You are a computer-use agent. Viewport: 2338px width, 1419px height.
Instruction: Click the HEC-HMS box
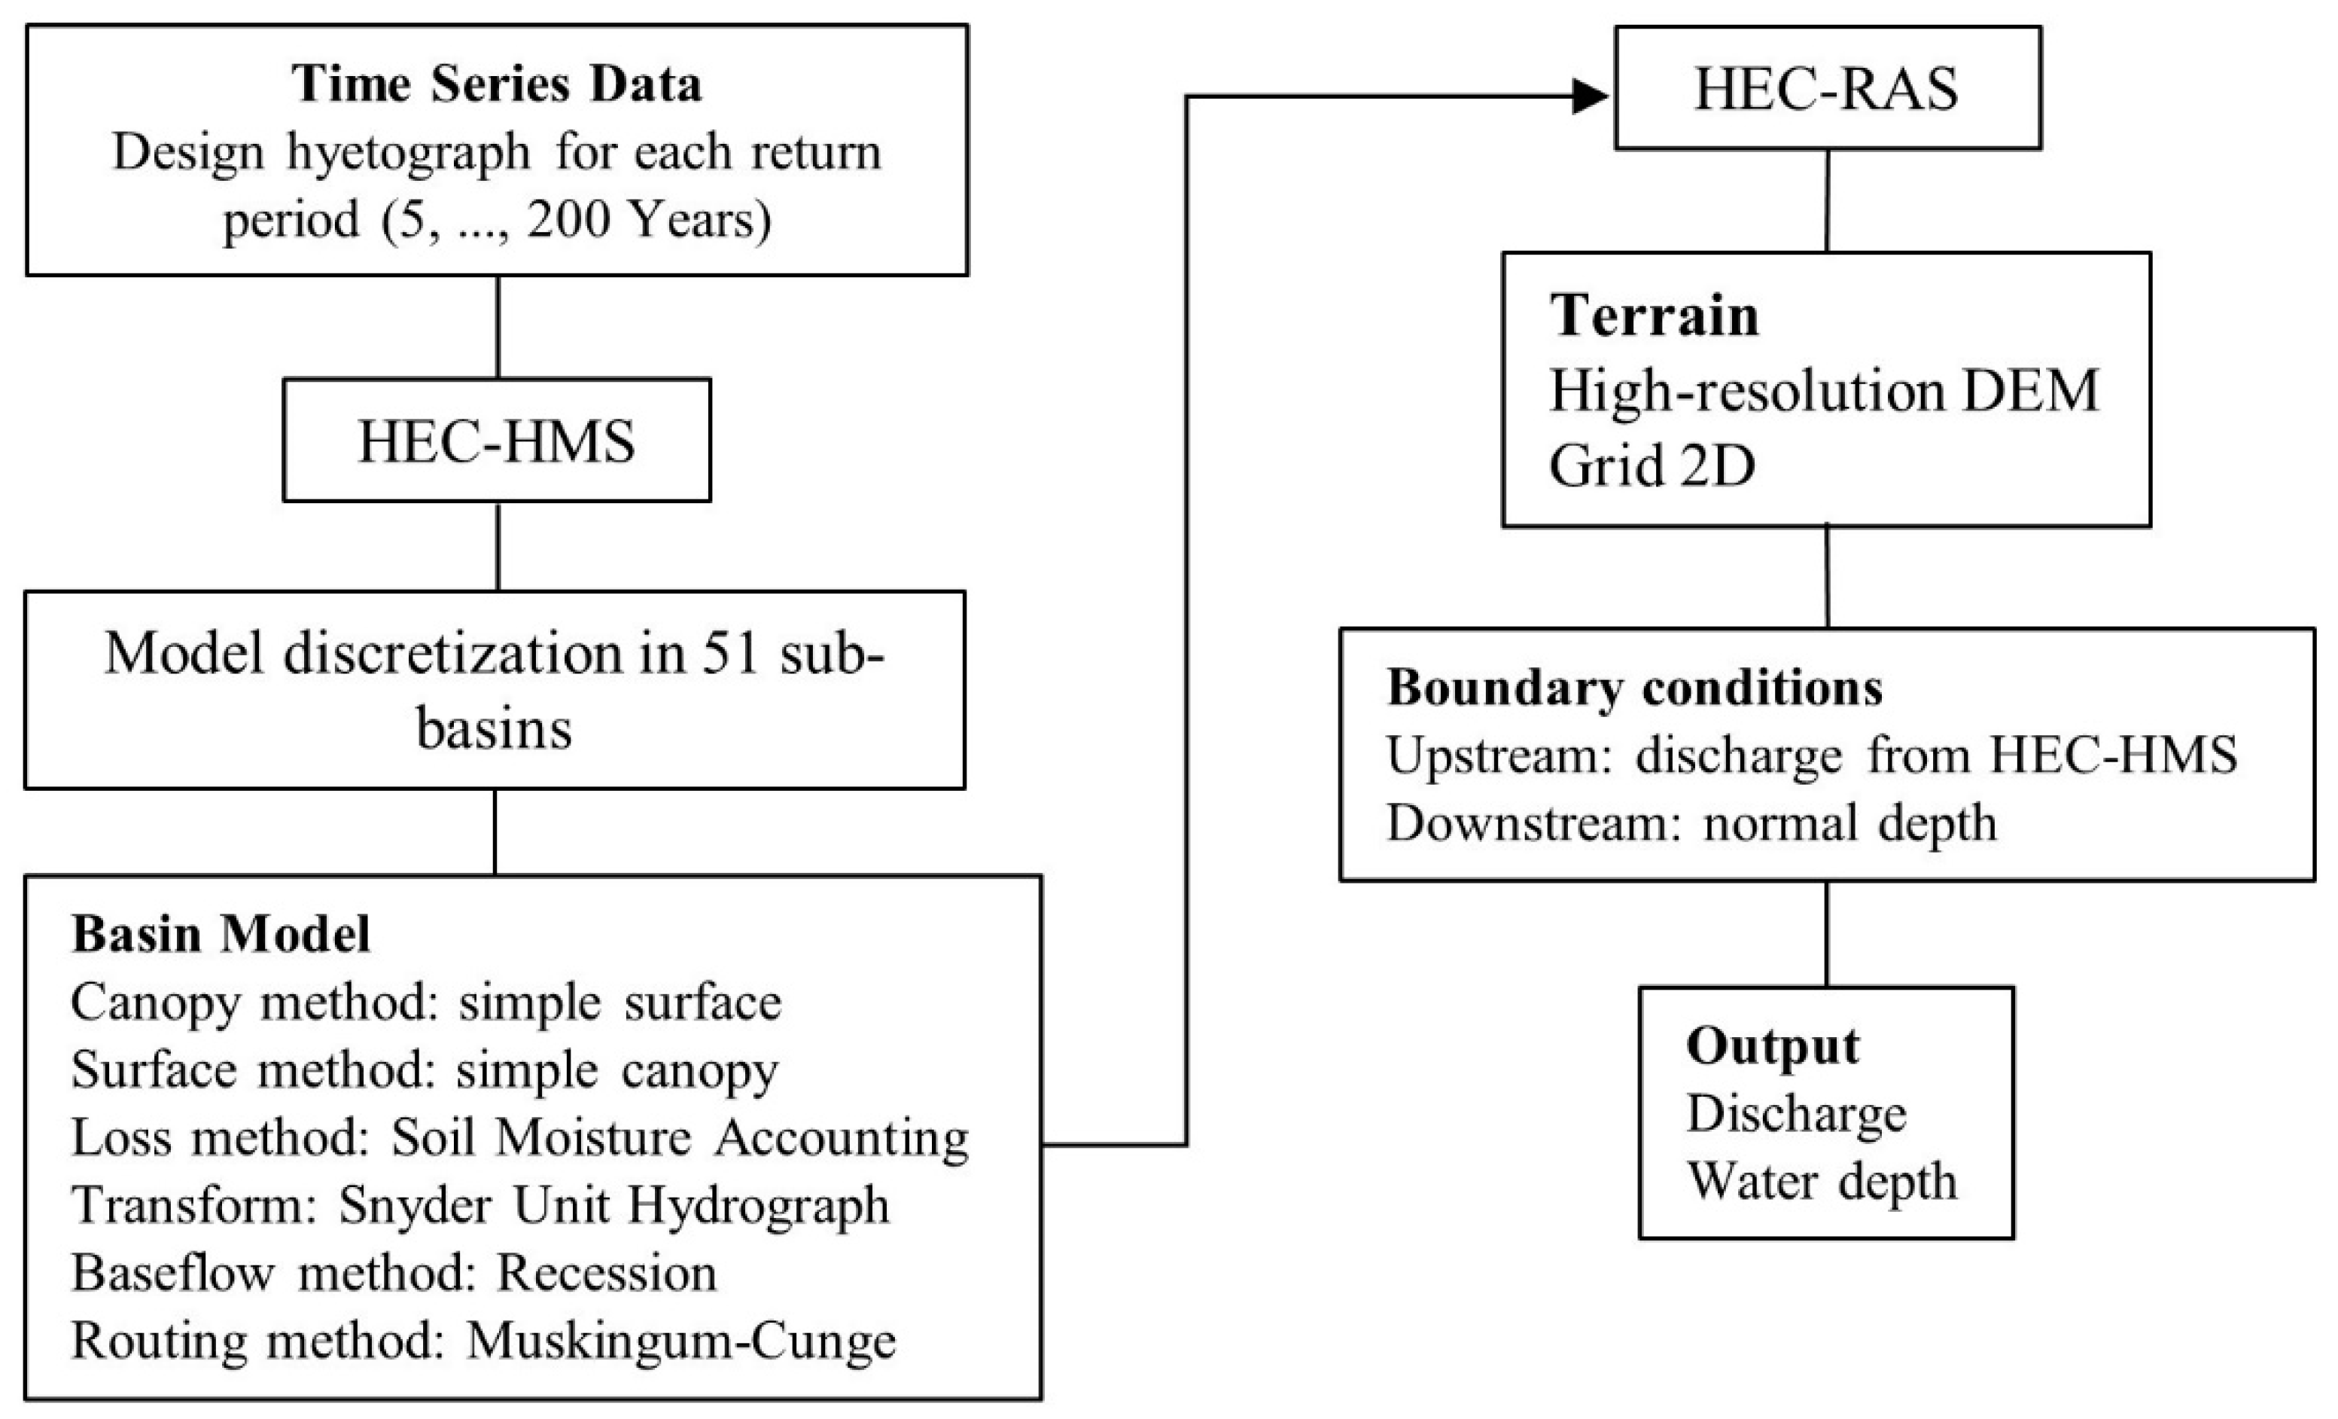[496, 441]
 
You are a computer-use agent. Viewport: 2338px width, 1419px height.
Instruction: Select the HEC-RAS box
[1827, 88]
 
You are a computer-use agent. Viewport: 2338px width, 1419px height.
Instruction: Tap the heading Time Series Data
[496, 84]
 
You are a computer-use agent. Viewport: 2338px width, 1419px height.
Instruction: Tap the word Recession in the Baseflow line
[607, 1273]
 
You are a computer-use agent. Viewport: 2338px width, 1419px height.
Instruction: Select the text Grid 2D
[1651, 465]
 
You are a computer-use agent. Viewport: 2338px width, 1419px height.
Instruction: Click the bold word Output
[1771, 1046]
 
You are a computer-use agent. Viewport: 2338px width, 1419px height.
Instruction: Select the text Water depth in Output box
[1822, 1182]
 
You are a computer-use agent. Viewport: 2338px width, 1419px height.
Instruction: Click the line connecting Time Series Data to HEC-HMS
[498, 328]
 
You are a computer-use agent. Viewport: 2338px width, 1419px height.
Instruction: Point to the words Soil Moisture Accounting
[680, 1137]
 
